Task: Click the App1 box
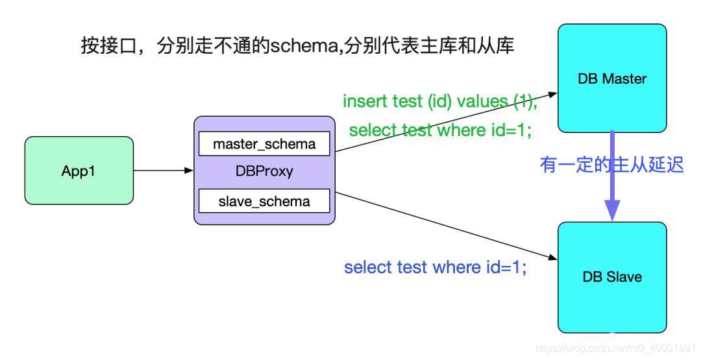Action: pyautogui.click(x=79, y=171)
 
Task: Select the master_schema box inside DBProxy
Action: pyautogui.click(x=264, y=143)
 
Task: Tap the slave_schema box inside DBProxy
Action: pyautogui.click(x=264, y=201)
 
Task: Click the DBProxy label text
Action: pyautogui.click(x=264, y=171)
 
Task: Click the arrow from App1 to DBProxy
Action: pyautogui.click(x=163, y=171)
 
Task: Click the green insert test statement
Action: pyautogui.click(x=439, y=102)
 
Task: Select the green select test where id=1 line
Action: pyautogui.click(x=440, y=130)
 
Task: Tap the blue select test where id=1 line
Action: pyautogui.click(x=435, y=267)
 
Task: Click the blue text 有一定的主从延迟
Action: pyautogui.click(x=611, y=164)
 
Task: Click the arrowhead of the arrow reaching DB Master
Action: pyautogui.click(x=552, y=94)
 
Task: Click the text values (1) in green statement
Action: pyautogui.click(x=496, y=102)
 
